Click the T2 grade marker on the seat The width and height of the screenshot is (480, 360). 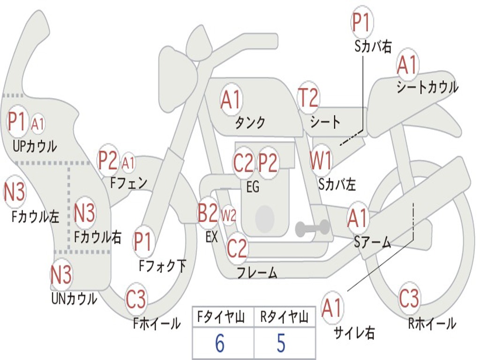308,98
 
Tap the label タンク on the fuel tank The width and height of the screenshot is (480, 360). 250,123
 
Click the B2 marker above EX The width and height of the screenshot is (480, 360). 208,213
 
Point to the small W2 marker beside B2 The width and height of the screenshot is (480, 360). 228,216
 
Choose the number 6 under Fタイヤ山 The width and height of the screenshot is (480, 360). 219,344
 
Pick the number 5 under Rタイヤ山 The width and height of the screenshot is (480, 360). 281,344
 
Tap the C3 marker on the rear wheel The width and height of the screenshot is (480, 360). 409,299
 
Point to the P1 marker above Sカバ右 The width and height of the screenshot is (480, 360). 361,23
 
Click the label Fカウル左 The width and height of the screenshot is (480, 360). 36,217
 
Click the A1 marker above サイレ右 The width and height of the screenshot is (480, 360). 332,308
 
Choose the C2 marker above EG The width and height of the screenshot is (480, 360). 243,163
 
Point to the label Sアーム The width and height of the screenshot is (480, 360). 373,242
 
